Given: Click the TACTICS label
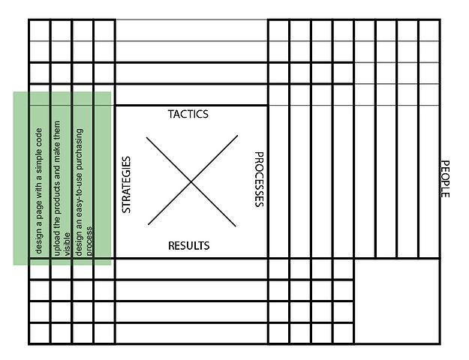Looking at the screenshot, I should (188, 114).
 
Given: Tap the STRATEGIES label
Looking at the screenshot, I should (126, 184).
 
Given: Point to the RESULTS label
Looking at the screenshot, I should (188, 245).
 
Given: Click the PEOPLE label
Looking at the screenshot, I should (444, 178).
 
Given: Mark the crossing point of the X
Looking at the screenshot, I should (191, 180).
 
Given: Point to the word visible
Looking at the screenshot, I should (67, 246).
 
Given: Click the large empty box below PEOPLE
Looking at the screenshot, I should (397, 301).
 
